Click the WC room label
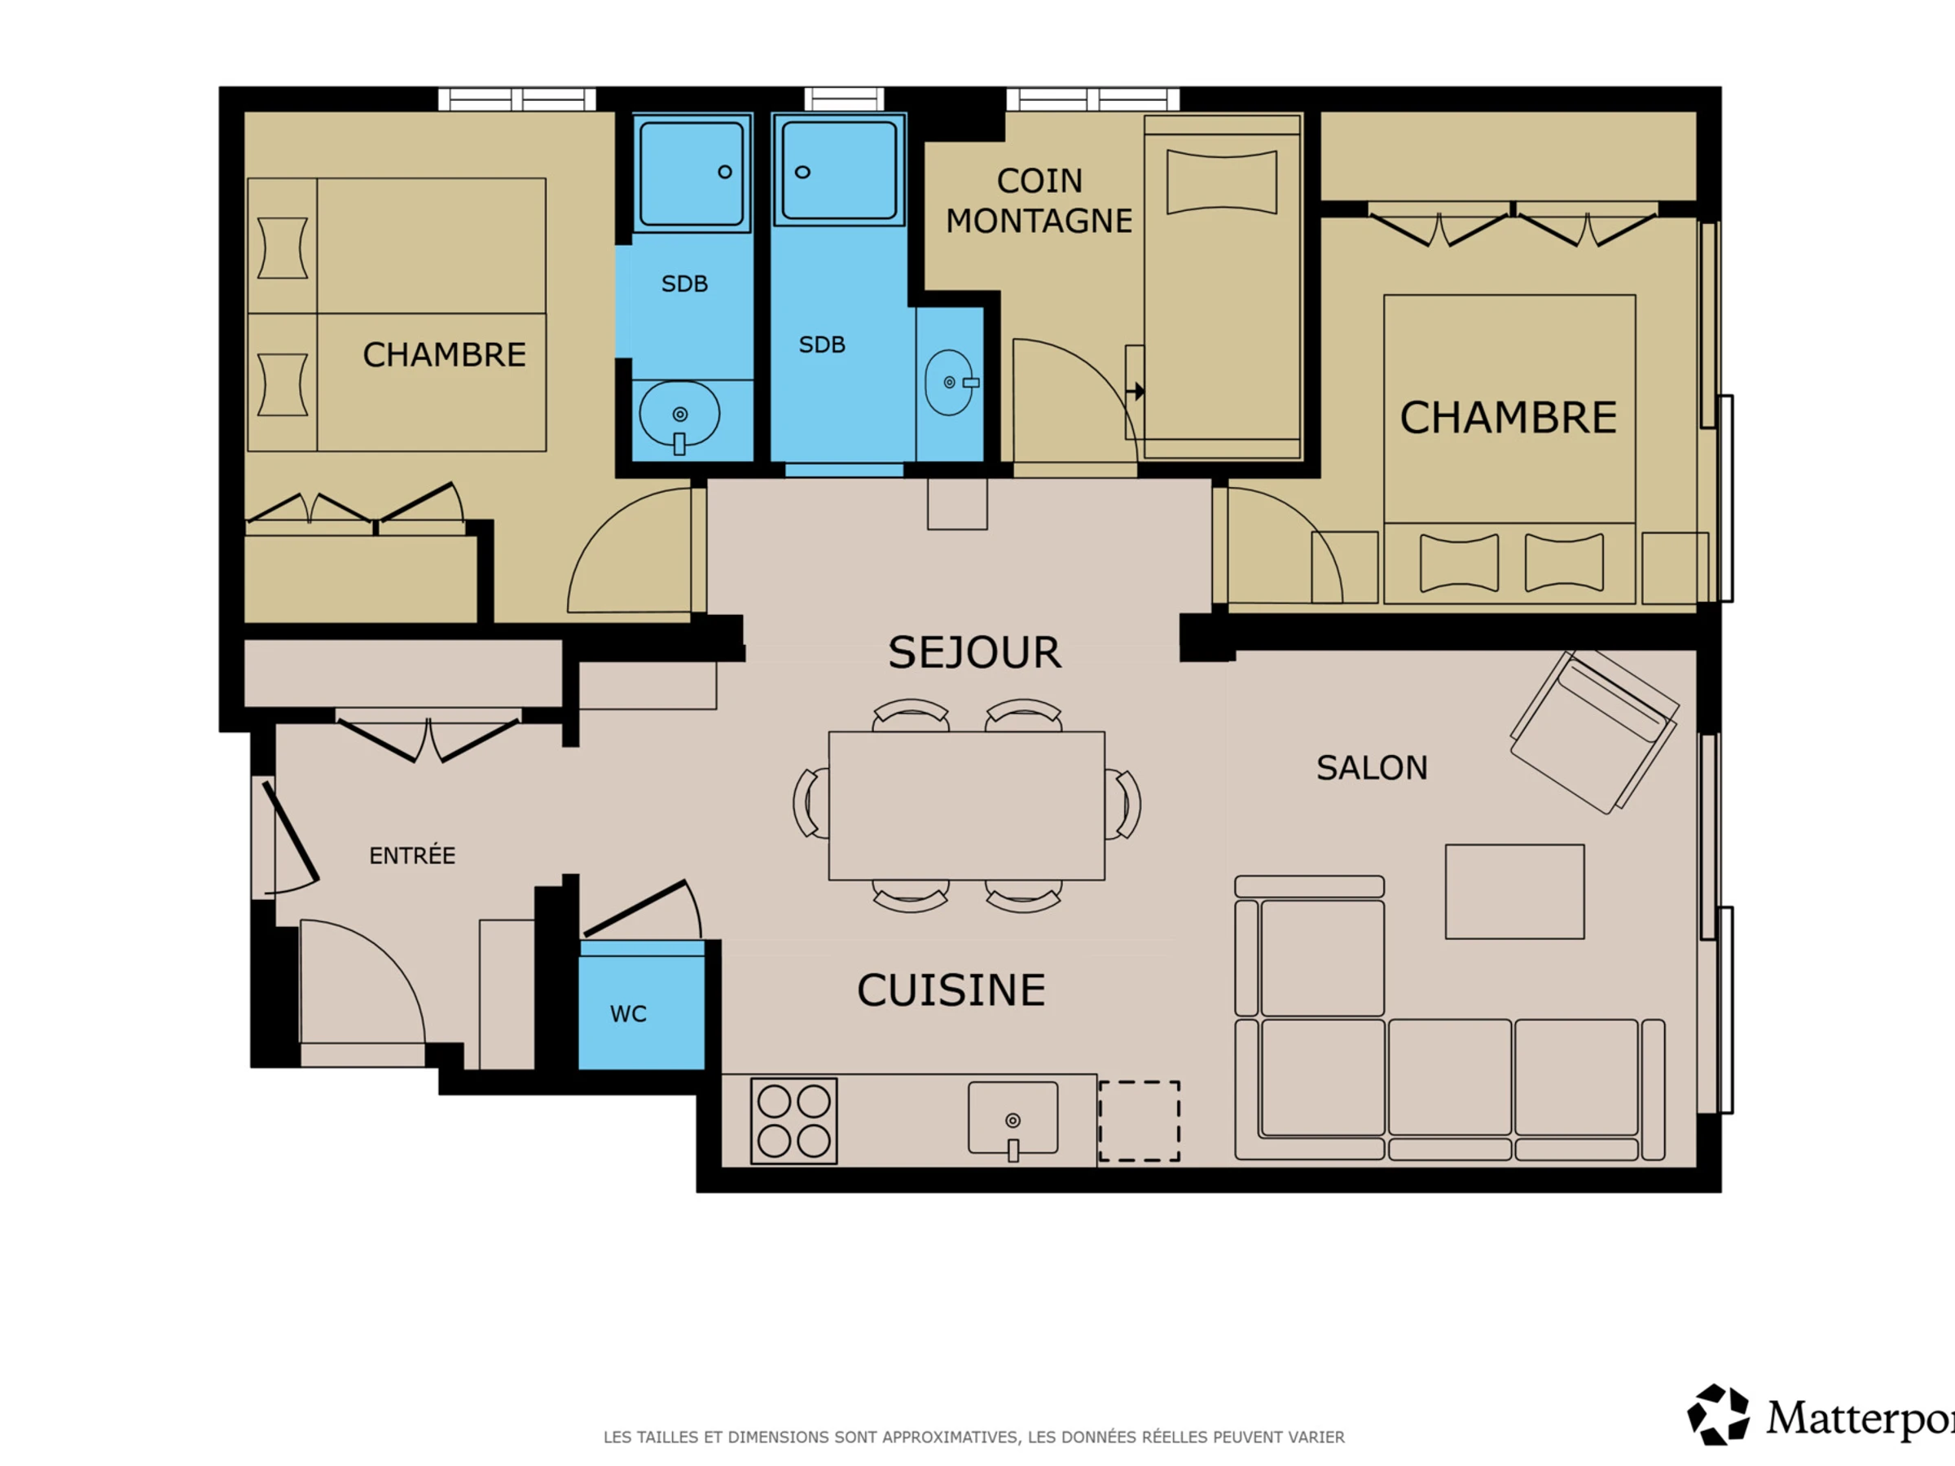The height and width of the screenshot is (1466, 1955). click(628, 1013)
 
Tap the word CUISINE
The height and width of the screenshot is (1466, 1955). click(951, 990)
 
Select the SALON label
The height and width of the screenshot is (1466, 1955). click(1372, 768)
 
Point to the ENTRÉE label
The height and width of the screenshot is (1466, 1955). click(412, 855)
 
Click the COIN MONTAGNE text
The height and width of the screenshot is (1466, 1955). click(1039, 200)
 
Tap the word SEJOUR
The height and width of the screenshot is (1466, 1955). click(975, 652)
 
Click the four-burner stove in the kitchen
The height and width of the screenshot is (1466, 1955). click(793, 1121)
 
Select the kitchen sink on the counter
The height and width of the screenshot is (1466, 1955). click(1013, 1119)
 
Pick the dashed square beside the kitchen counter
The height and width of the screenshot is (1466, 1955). click(1140, 1121)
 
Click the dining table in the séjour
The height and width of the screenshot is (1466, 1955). click(966, 805)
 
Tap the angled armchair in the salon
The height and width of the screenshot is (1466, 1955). click(1594, 731)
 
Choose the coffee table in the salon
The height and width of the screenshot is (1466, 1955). click(1515, 892)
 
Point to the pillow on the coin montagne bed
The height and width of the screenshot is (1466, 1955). click(1221, 182)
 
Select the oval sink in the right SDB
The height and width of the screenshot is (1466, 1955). click(949, 383)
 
